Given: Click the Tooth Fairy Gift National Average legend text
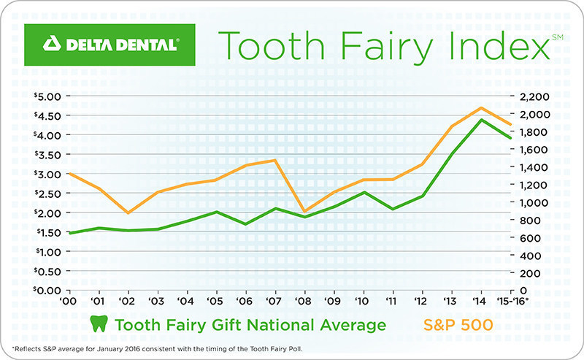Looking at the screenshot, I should click(x=248, y=323).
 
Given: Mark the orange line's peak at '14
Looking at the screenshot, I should click(x=480, y=108).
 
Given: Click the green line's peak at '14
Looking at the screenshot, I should click(x=480, y=120).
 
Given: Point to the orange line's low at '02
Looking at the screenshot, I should click(x=128, y=212).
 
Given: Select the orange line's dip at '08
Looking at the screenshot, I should click(x=304, y=212).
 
